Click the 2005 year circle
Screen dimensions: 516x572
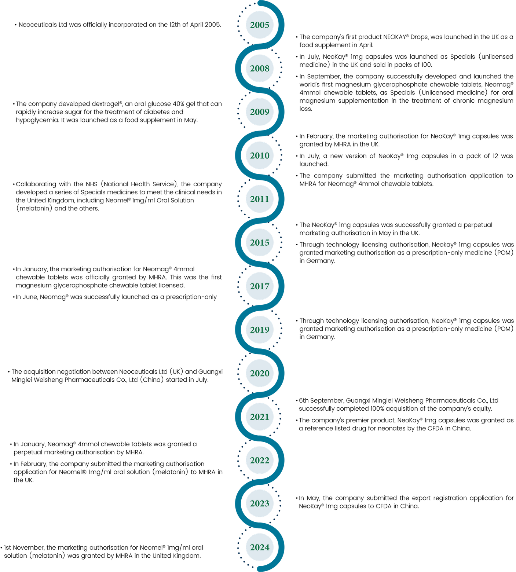[x=260, y=25]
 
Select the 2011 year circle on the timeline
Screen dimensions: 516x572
[x=260, y=199]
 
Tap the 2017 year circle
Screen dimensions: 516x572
[x=260, y=286]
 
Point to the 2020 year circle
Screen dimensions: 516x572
[x=260, y=373]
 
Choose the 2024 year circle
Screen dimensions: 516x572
[x=260, y=547]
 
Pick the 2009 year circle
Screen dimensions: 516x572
[x=260, y=112]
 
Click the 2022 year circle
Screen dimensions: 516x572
[x=260, y=460]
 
